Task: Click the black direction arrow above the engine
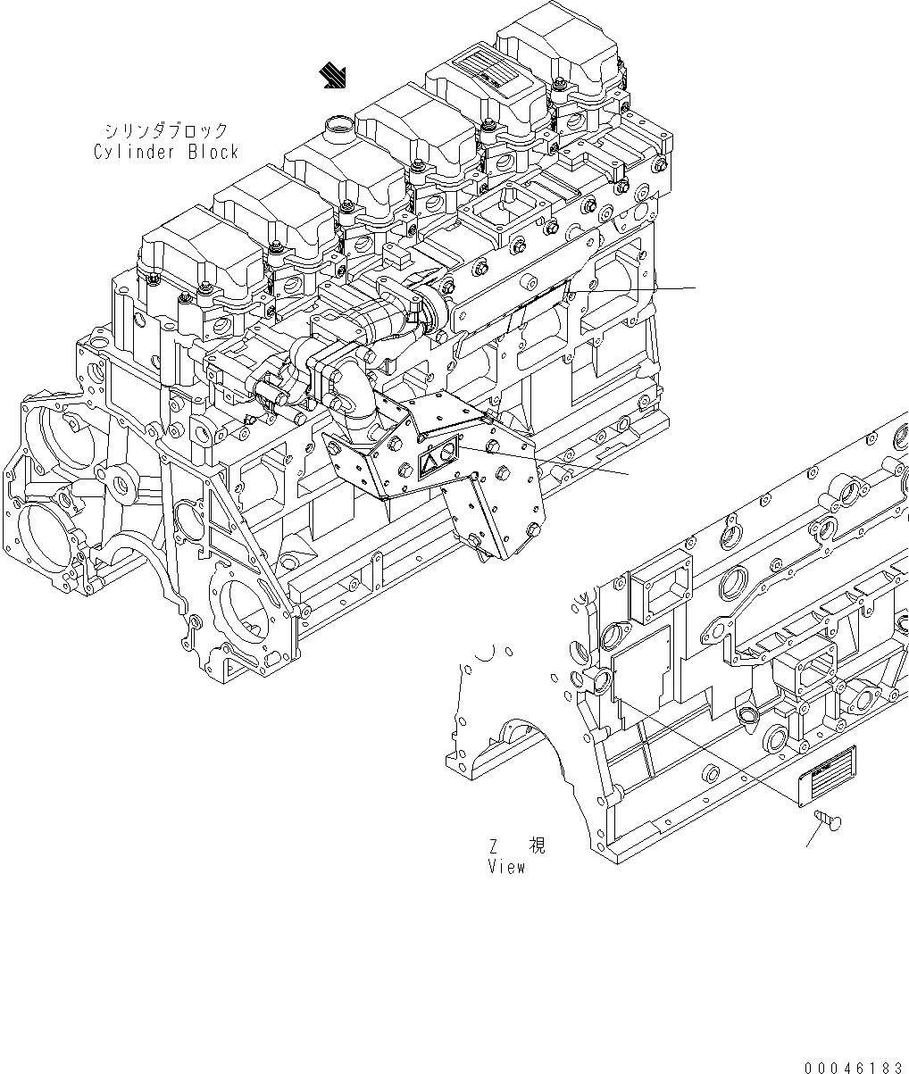(x=337, y=77)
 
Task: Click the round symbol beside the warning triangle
(x=447, y=454)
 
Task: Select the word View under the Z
(x=506, y=867)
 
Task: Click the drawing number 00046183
(x=853, y=1067)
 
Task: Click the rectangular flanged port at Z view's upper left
(x=661, y=593)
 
